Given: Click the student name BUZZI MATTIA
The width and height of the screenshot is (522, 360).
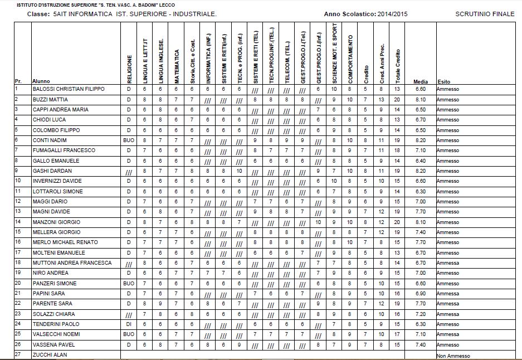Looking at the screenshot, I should pyautogui.click(x=50, y=99).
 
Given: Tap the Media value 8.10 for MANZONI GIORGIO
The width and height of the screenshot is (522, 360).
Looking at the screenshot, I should pyautogui.click(x=421, y=222).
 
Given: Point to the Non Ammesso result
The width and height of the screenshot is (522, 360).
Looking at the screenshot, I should pyautogui.click(x=453, y=356).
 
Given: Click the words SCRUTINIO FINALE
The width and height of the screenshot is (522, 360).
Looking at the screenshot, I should pyautogui.click(x=485, y=13).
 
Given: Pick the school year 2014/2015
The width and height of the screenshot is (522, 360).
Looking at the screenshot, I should pyautogui.click(x=392, y=13).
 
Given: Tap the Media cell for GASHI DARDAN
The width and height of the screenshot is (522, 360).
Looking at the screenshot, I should pyautogui.click(x=421, y=171).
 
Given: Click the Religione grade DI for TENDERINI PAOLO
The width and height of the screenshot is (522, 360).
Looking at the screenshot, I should pyautogui.click(x=128, y=324).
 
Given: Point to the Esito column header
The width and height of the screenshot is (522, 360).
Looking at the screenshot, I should pyautogui.click(x=443, y=81).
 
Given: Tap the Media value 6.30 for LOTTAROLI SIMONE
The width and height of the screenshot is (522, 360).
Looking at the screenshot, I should pyautogui.click(x=421, y=191).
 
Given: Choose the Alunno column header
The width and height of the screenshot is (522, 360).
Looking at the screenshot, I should pyautogui.click(x=41, y=81).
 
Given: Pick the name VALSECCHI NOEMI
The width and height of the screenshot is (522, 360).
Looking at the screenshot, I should pyautogui.click(x=56, y=334).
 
